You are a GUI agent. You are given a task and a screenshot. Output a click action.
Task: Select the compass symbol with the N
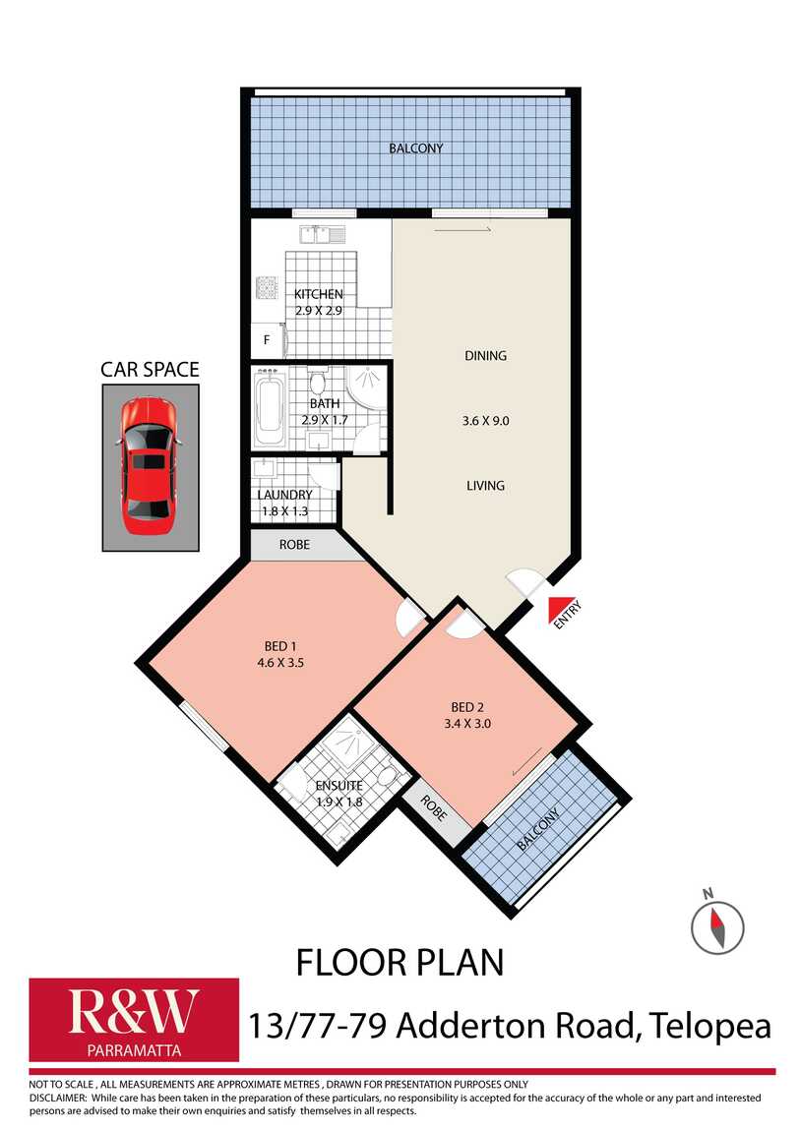(716, 925)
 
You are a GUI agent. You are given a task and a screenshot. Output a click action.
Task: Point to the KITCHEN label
(319, 294)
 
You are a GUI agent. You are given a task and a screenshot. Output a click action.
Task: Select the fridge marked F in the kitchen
(266, 340)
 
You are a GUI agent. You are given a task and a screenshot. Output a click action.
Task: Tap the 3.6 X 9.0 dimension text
(485, 420)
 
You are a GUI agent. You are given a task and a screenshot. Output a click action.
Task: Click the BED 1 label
(280, 645)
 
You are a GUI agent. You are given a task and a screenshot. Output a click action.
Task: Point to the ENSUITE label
(338, 786)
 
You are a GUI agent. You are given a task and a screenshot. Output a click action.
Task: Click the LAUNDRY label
(284, 495)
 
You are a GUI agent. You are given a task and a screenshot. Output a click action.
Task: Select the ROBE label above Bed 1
(295, 543)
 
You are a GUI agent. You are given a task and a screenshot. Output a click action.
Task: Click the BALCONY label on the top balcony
(415, 149)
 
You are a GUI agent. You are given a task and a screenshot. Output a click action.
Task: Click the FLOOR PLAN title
(400, 962)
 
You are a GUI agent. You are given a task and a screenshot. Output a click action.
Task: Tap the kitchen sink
(322, 234)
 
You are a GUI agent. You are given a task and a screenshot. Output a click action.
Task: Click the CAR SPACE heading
(150, 370)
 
